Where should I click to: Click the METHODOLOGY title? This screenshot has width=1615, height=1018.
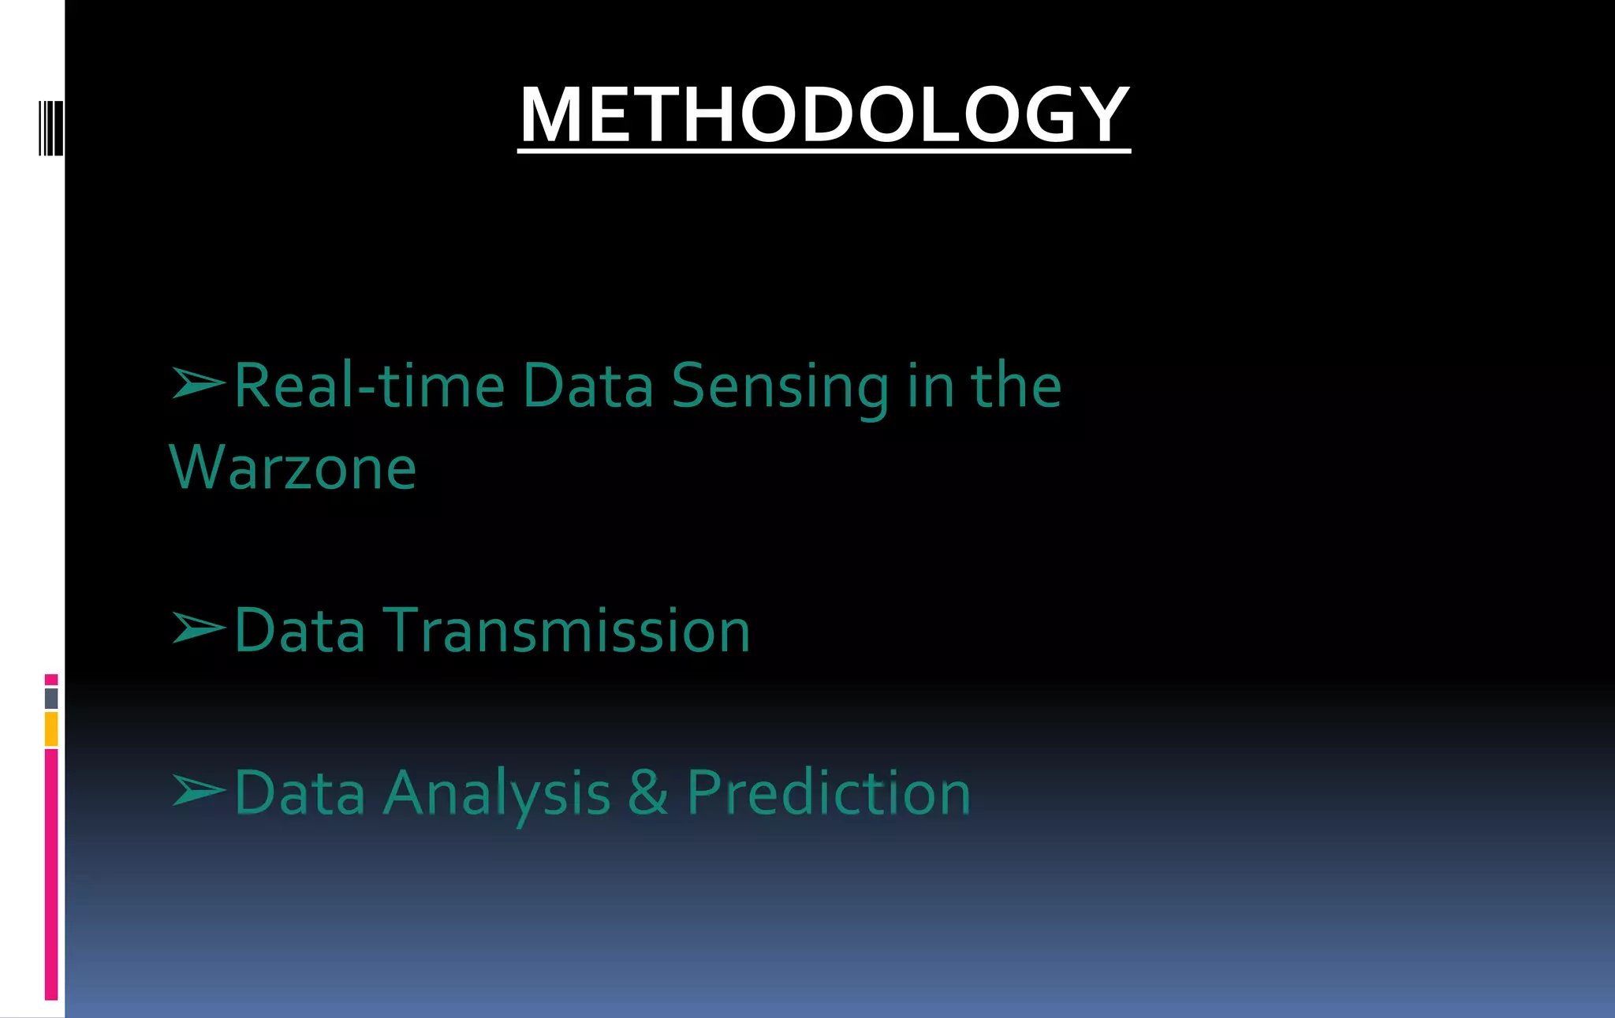(824, 115)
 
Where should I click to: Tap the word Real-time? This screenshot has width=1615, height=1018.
(369, 386)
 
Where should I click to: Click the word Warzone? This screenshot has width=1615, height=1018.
(293, 468)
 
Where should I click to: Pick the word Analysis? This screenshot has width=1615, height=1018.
(497, 793)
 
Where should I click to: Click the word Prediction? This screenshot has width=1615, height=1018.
(828, 793)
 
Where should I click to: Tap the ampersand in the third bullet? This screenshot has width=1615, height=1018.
(648, 792)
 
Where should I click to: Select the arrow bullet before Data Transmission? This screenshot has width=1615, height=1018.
(198, 628)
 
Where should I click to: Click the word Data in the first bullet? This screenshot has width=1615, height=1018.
(587, 386)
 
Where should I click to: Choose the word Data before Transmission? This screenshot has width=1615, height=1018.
(300, 631)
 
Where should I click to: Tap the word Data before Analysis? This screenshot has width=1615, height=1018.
(300, 793)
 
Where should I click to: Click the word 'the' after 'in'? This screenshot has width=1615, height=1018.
(1016, 386)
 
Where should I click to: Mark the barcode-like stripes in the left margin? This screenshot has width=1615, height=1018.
(50, 128)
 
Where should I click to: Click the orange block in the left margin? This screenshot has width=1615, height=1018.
(51, 729)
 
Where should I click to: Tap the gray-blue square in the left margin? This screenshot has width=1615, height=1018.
(51, 698)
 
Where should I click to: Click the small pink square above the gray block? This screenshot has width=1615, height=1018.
(51, 680)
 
